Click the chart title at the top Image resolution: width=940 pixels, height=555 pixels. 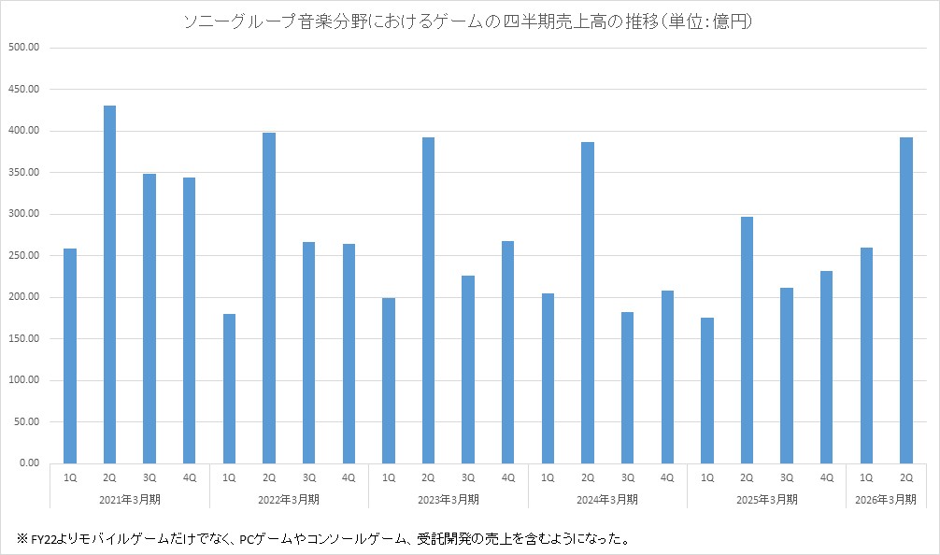470,21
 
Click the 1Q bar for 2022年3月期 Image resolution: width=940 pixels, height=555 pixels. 229,388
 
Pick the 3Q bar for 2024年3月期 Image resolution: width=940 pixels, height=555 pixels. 627,387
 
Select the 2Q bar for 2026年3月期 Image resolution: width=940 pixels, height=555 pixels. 905,300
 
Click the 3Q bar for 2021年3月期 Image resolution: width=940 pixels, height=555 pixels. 150,318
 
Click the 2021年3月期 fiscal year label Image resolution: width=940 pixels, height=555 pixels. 130,499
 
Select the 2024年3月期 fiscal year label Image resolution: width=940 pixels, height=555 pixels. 607,499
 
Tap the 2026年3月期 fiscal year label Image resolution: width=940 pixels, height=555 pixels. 886,499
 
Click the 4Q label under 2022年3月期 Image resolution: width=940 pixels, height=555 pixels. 349,477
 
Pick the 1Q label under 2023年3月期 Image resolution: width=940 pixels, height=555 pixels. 389,477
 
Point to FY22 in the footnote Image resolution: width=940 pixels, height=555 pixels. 45,539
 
